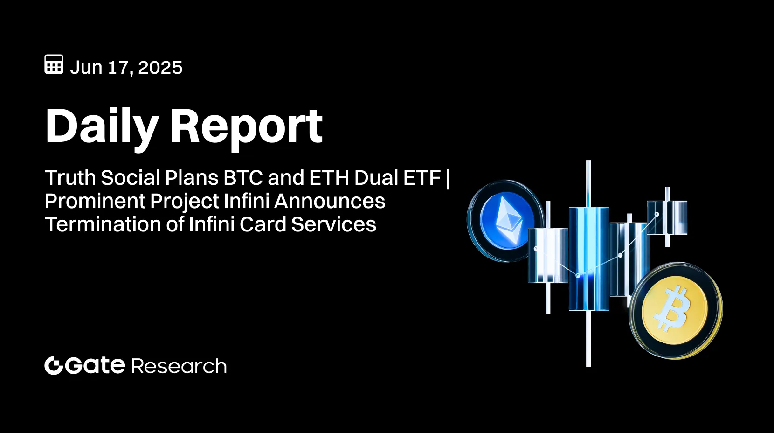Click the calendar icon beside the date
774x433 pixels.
point(54,64)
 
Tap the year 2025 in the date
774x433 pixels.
point(160,68)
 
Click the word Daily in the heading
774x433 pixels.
point(102,126)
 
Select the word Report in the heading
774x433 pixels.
point(246,126)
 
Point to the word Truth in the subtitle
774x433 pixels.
point(70,178)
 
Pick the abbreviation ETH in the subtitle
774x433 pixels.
point(329,178)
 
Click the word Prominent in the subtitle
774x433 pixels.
point(95,201)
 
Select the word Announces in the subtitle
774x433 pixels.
point(330,201)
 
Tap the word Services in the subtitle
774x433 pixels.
point(333,224)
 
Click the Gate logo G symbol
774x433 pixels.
point(54,365)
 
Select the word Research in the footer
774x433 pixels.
point(179,366)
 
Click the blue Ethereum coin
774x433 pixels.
point(506,220)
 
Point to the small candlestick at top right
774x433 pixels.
point(667,217)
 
